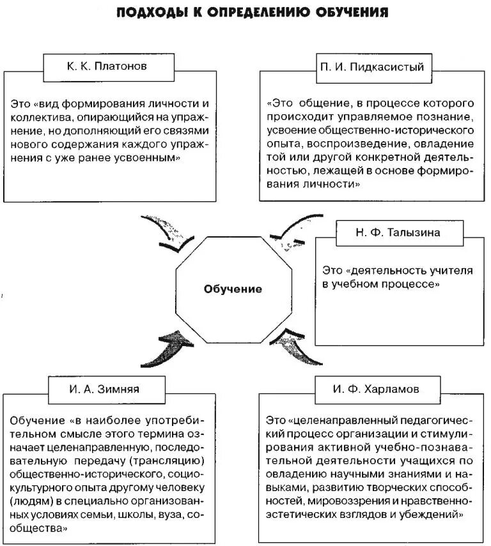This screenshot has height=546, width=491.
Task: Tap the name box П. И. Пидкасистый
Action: tap(371, 66)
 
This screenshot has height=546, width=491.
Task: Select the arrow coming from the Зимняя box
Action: tap(168, 349)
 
